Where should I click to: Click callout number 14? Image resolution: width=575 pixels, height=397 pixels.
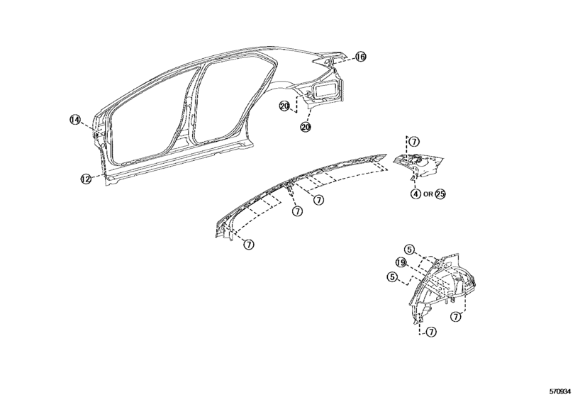[x=75, y=120]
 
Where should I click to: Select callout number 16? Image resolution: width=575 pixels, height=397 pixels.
[x=360, y=57]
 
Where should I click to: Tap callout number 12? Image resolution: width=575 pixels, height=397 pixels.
[x=86, y=179]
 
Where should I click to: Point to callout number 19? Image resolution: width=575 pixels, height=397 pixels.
[x=401, y=263]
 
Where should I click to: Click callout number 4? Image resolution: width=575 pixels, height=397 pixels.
[x=415, y=194]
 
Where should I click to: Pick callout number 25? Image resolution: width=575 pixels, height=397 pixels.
[x=440, y=194]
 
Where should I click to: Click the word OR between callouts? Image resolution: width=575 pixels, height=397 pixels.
[x=428, y=194]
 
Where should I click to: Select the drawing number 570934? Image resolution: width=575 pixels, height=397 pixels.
[x=559, y=391]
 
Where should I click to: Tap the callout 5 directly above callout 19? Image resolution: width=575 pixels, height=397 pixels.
[x=409, y=250]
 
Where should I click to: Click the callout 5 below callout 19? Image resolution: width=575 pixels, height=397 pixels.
[x=392, y=277]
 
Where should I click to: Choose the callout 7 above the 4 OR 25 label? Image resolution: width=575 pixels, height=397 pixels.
[x=414, y=142]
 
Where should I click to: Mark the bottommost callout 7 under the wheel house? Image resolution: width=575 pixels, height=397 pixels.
[x=431, y=332]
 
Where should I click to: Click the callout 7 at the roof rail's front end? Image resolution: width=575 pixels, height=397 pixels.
[x=249, y=244]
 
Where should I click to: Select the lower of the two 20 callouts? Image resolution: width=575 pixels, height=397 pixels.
[x=306, y=127]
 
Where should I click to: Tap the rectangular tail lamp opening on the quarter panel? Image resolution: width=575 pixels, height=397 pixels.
[x=325, y=90]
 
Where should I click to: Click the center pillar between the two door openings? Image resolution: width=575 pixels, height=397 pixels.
[x=188, y=110]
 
